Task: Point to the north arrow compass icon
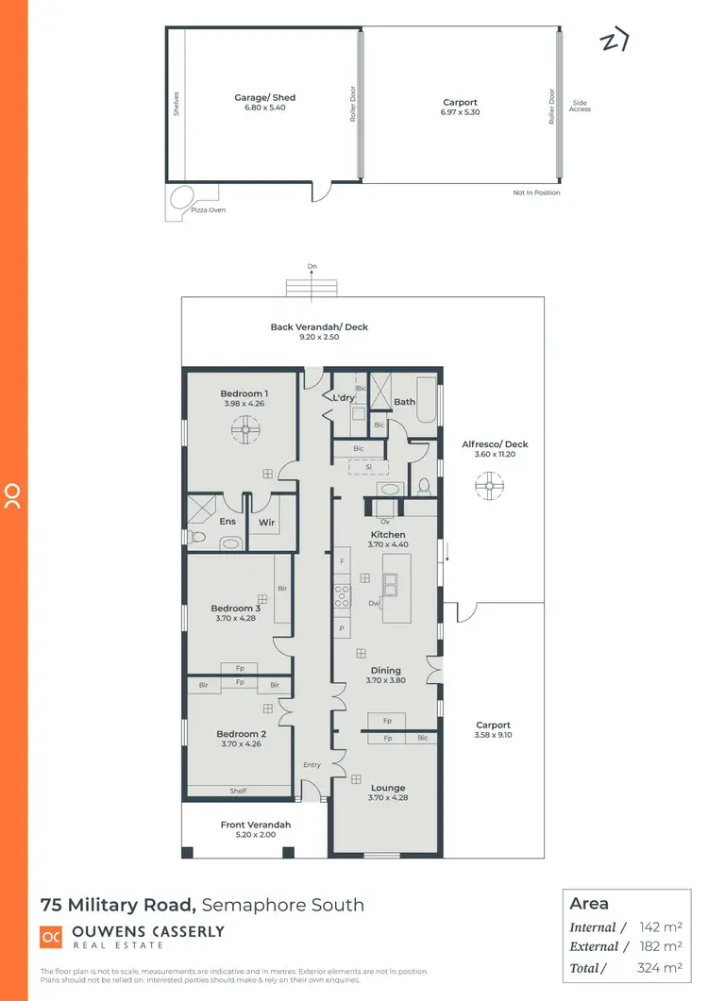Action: click(x=614, y=42)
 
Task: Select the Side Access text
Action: click(x=580, y=106)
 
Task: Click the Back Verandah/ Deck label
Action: click(x=319, y=327)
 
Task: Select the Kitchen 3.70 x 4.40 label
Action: click(x=388, y=540)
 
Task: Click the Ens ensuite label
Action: click(x=228, y=521)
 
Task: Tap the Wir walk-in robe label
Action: click(x=266, y=521)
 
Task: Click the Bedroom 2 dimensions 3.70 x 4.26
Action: click(x=239, y=743)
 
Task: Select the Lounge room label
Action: click(x=388, y=788)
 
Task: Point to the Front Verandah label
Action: click(x=256, y=825)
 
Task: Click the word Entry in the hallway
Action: click(x=312, y=765)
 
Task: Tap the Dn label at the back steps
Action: click(x=312, y=267)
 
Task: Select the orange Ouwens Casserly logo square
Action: click(x=50, y=936)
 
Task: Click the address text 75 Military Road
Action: click(x=118, y=905)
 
